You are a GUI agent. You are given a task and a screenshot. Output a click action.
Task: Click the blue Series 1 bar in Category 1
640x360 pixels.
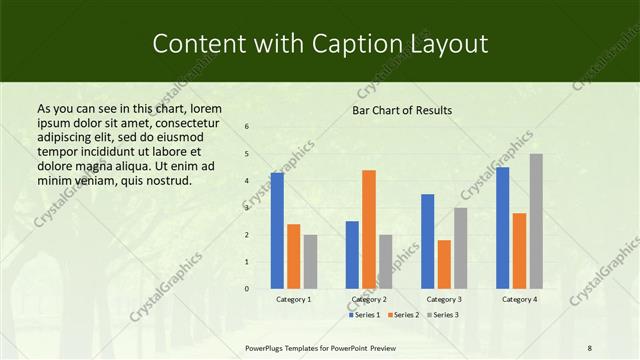coord(277,230)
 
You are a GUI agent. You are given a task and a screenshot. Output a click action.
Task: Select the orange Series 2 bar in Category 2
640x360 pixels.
coord(369,229)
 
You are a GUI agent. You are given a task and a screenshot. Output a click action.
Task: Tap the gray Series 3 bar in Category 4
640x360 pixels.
coord(536,221)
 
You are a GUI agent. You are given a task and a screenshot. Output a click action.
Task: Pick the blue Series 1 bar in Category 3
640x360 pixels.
coord(428,241)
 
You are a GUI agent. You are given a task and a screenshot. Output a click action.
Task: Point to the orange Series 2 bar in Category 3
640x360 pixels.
coord(444,264)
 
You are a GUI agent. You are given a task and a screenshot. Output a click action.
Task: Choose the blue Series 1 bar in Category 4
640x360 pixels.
coord(502,227)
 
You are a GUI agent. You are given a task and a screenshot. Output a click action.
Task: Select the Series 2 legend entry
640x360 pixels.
coord(403,315)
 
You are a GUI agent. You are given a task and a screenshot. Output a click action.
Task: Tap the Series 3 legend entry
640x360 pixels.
coord(443,315)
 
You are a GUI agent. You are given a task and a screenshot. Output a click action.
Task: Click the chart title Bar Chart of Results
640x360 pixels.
coord(402,110)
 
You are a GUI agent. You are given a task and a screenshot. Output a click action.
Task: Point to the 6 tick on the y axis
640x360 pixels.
coord(246,127)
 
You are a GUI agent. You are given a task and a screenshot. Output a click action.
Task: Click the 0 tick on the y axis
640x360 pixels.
coord(246,289)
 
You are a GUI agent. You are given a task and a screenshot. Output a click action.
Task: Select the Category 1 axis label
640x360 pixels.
coord(293,299)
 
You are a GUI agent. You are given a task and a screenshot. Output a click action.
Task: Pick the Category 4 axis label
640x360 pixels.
coord(519,299)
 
